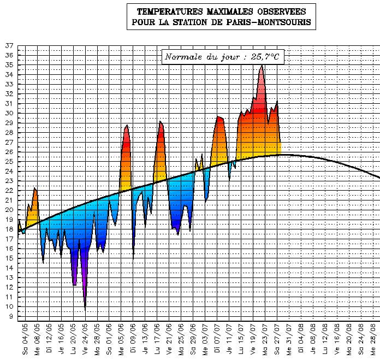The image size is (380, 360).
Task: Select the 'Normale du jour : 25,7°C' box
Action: coord(223,56)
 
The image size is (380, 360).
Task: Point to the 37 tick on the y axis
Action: coord(9,46)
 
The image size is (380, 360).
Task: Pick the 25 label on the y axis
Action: coord(9,162)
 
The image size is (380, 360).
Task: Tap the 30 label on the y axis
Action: coord(9,114)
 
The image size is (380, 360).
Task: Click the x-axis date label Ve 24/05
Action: coord(85,339)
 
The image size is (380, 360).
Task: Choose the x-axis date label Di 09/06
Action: coord(133,339)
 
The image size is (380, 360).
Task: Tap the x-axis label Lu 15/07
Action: coord(241,339)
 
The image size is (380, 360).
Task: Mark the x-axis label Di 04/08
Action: coord(301,339)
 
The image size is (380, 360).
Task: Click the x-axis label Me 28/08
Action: coord(373,339)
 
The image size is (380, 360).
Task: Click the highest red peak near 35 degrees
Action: coord(262,66)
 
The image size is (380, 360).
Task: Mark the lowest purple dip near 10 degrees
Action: coord(85,309)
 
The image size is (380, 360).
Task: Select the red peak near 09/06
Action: coord(127,126)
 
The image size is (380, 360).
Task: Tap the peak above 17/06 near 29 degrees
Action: coord(160,122)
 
